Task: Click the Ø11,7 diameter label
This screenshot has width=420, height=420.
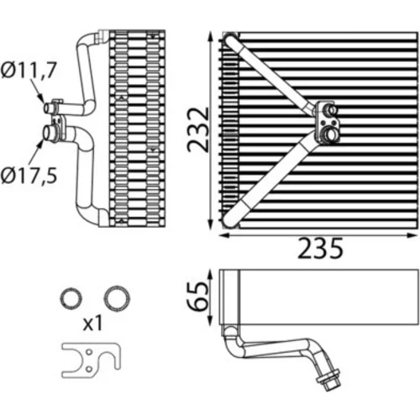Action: pos(29,70)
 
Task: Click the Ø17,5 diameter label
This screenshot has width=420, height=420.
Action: pos(29,176)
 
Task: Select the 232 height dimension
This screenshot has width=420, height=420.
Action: pos(198,129)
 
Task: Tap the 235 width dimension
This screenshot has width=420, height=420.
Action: pos(320,248)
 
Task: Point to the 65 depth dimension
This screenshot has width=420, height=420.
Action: pos(198,297)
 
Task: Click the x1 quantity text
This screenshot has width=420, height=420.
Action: pos(93,323)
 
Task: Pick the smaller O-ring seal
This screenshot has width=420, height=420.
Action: pos(71,298)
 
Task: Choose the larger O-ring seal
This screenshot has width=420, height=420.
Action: pos(117,298)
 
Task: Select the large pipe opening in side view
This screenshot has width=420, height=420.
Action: pos(47,133)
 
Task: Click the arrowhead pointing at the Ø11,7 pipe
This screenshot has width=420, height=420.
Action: pos(41,98)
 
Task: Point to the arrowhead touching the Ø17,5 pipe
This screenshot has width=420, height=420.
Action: pos(40,144)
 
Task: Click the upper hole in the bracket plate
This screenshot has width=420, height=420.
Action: pos(89,352)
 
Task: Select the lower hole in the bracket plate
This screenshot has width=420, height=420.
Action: pos(88,370)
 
